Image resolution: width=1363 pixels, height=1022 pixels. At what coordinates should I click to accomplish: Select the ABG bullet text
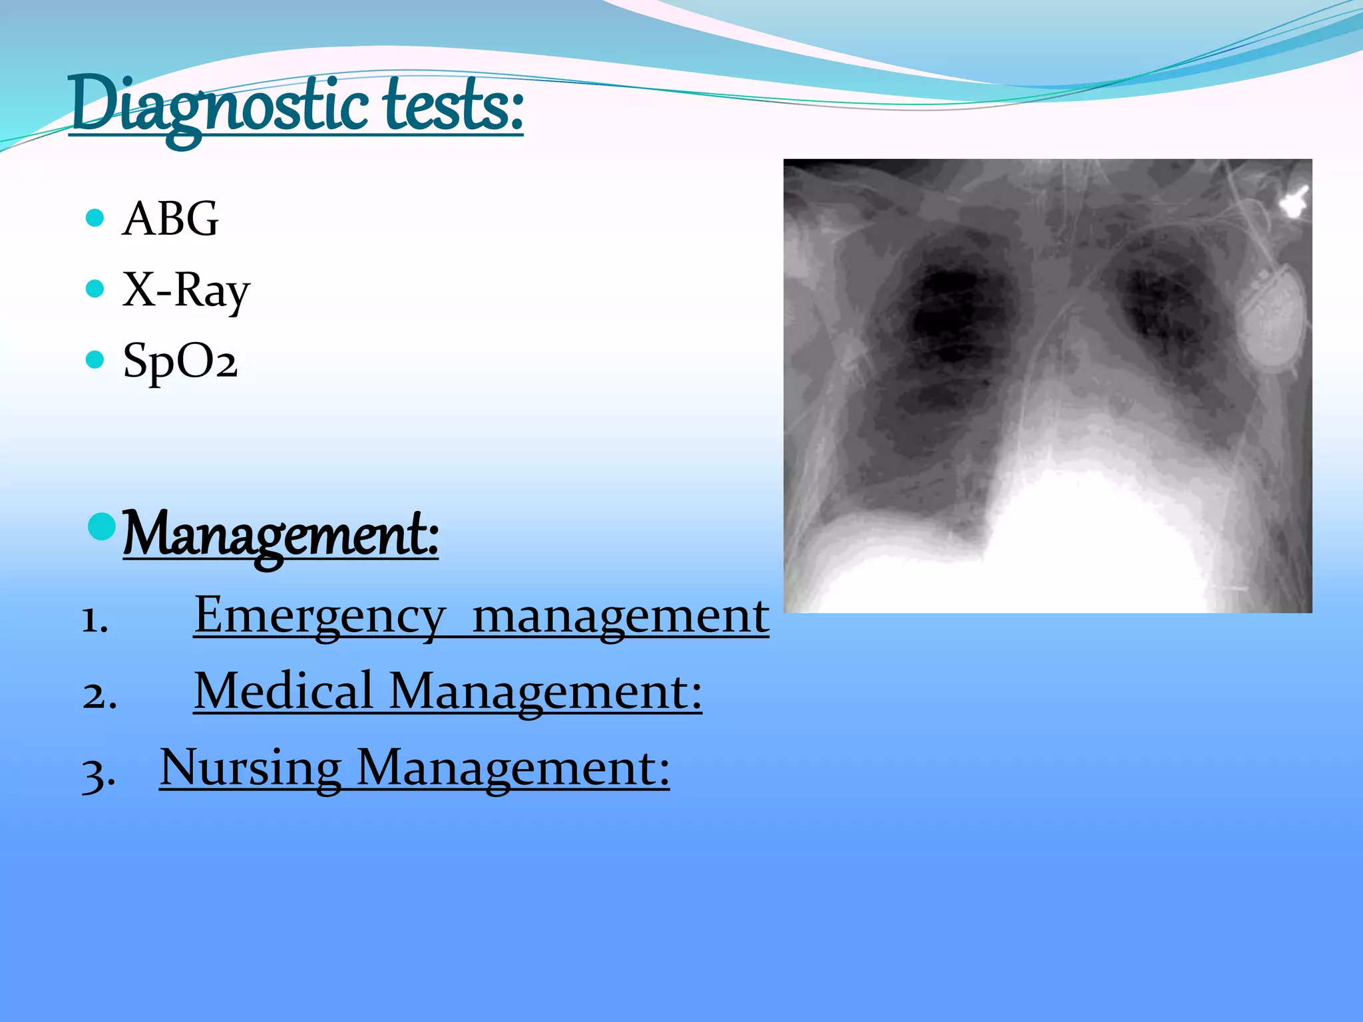(170, 219)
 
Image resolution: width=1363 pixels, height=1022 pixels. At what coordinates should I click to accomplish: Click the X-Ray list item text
(186, 291)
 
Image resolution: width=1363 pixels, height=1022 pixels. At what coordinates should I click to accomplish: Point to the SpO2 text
(180, 361)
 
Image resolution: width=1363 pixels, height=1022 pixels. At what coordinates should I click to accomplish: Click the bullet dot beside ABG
(96, 218)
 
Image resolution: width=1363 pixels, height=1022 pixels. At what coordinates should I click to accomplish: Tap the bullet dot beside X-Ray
(96, 289)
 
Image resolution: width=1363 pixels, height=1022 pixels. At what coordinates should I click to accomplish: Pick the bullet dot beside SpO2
(96, 360)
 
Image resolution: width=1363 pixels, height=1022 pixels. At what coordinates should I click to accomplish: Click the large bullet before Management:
(102, 526)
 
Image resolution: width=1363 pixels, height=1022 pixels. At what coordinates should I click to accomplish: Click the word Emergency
(319, 616)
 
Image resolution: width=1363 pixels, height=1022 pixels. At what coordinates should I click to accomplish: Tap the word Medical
(284, 692)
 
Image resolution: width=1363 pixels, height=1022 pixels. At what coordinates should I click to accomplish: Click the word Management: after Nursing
(513, 768)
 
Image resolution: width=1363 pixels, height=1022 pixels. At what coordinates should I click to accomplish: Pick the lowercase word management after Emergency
(620, 616)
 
